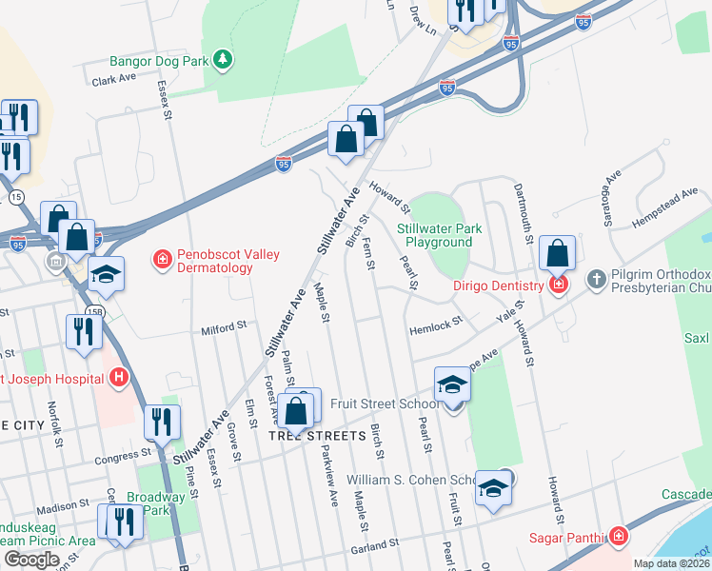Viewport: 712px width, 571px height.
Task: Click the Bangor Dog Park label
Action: click(x=158, y=61)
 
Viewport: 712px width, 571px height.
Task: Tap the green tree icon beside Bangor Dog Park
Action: click(x=223, y=61)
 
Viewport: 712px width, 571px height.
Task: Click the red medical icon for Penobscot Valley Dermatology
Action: click(x=162, y=258)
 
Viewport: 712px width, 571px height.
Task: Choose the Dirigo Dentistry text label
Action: click(x=499, y=284)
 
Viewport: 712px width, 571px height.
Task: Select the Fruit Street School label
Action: click(x=385, y=404)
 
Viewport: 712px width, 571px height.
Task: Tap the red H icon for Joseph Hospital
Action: click(x=118, y=379)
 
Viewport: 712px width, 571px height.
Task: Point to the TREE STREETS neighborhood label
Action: click(x=317, y=436)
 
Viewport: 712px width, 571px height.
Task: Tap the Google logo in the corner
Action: click(x=31, y=559)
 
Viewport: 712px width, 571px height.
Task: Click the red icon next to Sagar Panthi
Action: click(x=619, y=537)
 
